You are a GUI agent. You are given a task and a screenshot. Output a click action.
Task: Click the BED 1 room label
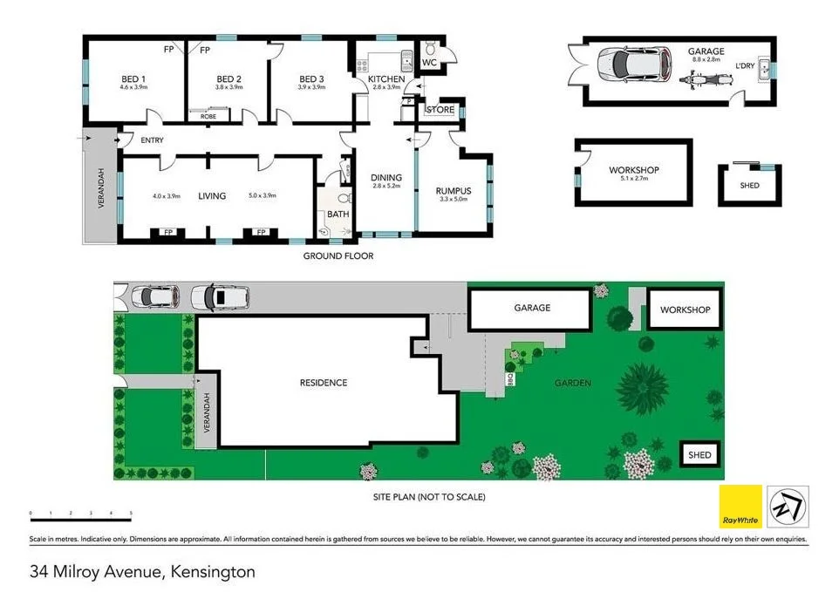point(133,78)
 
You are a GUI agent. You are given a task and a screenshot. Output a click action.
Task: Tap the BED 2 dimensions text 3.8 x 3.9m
point(229,87)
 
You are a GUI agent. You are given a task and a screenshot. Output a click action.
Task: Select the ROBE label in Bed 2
point(208,116)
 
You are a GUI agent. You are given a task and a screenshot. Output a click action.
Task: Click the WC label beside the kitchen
point(428,63)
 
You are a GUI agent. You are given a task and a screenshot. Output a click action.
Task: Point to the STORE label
point(440,110)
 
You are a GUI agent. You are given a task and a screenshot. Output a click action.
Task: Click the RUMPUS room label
point(454,191)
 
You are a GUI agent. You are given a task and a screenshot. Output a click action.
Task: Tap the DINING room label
point(385,177)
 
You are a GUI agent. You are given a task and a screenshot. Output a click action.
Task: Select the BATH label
point(337,214)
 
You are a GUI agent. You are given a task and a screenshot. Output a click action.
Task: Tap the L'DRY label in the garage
point(744,66)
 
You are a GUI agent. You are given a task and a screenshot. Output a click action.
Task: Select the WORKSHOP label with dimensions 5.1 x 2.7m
point(633,170)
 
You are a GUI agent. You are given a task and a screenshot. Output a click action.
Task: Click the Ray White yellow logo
point(740,507)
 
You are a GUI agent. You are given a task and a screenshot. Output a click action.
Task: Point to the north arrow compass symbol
point(788,507)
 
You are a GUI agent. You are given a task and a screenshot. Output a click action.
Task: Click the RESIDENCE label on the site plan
point(324,383)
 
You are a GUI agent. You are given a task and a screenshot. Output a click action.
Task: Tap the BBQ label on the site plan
point(512,379)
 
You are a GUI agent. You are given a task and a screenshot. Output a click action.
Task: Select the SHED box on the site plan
point(699,454)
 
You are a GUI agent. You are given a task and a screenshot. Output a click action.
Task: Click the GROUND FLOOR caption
point(338,256)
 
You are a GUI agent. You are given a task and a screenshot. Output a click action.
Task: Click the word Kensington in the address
point(214,573)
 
